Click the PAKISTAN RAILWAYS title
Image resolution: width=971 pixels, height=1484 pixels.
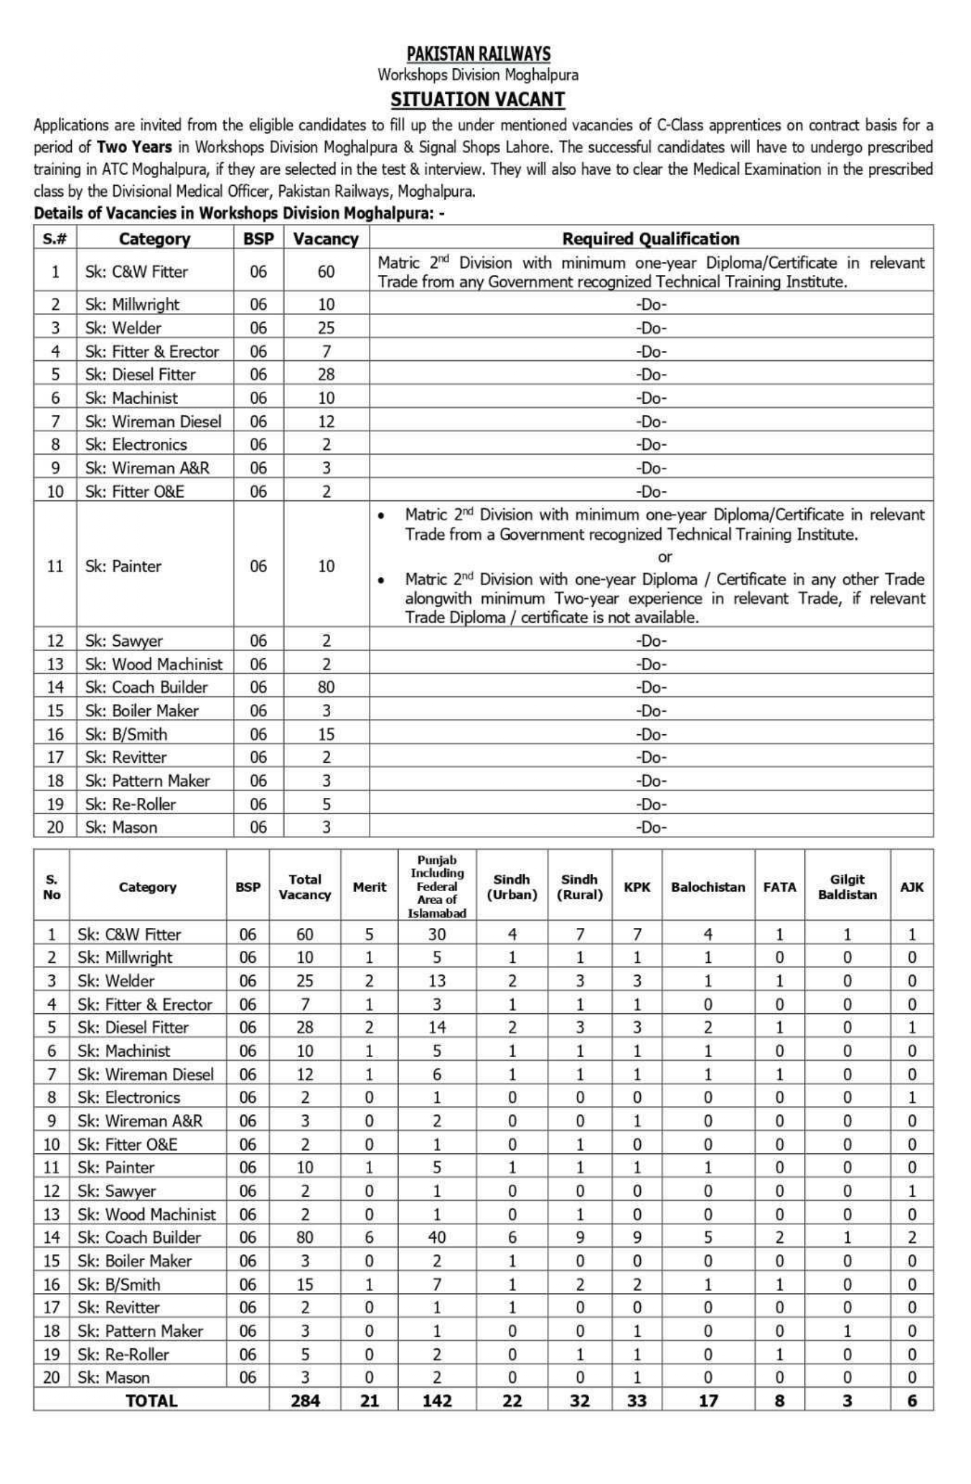[478, 54]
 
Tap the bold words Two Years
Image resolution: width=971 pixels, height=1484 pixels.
[134, 148]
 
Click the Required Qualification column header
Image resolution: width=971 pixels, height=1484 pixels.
[650, 239]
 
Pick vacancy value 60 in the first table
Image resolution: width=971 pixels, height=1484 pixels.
[326, 272]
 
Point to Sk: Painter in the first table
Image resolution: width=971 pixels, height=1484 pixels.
[124, 566]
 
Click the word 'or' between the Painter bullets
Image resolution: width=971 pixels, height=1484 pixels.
[665, 556]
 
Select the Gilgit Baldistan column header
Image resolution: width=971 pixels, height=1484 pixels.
[847, 887]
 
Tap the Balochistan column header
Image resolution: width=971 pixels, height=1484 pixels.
[708, 887]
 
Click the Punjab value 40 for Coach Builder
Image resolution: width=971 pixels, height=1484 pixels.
[437, 1237]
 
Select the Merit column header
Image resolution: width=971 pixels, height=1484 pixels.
[369, 887]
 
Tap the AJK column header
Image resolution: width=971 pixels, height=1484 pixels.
[912, 887]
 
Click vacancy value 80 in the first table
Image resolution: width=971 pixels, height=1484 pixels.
[326, 687]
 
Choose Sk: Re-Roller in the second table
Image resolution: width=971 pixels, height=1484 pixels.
[124, 1355]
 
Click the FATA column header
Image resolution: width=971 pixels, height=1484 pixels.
[780, 887]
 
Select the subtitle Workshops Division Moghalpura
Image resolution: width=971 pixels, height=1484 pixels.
[477, 75]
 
